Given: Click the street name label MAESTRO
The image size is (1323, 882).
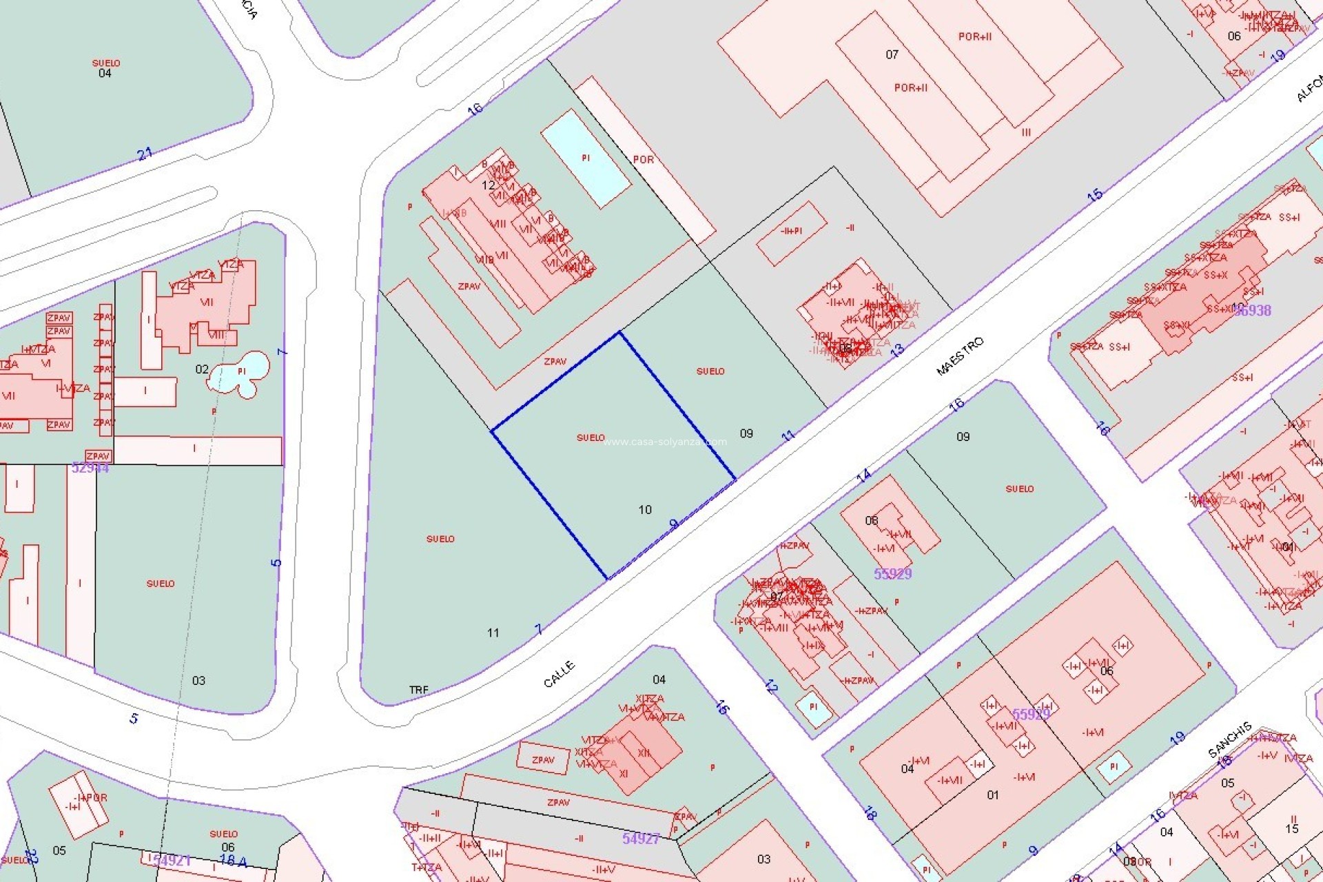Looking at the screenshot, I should [960, 356].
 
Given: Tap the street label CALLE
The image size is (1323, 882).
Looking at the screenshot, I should [559, 674].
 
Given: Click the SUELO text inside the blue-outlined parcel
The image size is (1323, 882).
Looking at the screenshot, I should [591, 438].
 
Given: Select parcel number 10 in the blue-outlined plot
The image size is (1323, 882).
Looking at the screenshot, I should [645, 510].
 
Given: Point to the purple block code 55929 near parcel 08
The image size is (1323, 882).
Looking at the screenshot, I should [892, 573].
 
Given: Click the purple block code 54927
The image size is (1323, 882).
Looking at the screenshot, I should [641, 839].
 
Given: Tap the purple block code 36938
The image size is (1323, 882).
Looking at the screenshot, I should [1252, 310].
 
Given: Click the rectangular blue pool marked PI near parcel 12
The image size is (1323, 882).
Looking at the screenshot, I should [586, 158].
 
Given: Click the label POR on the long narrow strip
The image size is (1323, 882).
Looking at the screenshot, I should [643, 160].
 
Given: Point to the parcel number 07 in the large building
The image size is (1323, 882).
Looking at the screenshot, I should [892, 54].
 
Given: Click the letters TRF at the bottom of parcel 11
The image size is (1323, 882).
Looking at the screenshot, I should [418, 690].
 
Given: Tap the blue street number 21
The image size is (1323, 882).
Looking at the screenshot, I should [145, 154].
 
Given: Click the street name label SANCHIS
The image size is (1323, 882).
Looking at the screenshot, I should [1230, 740].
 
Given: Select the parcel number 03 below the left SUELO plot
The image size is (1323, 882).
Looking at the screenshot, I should [198, 681].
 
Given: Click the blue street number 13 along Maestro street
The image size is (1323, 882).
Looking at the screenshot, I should [896, 351].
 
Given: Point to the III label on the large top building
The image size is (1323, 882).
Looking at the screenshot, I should [1026, 132].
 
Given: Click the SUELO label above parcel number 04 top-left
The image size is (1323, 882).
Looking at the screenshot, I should [106, 63].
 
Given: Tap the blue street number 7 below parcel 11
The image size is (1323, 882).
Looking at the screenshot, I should [539, 629].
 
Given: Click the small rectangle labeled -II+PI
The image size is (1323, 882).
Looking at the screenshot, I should [791, 232].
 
